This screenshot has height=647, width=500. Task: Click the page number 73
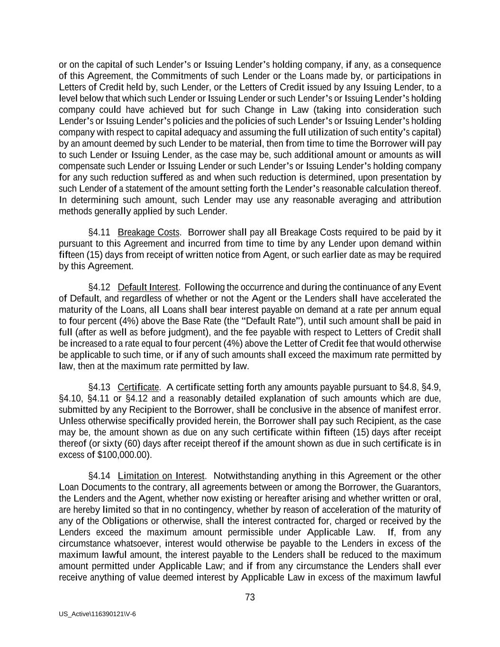(250, 597)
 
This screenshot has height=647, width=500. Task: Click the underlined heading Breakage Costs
(148, 232)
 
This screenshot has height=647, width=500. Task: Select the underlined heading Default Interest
(148, 287)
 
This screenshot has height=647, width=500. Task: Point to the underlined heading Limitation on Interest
(161, 476)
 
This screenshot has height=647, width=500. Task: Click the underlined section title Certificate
(138, 387)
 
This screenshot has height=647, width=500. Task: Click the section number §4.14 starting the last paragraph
(99, 476)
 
